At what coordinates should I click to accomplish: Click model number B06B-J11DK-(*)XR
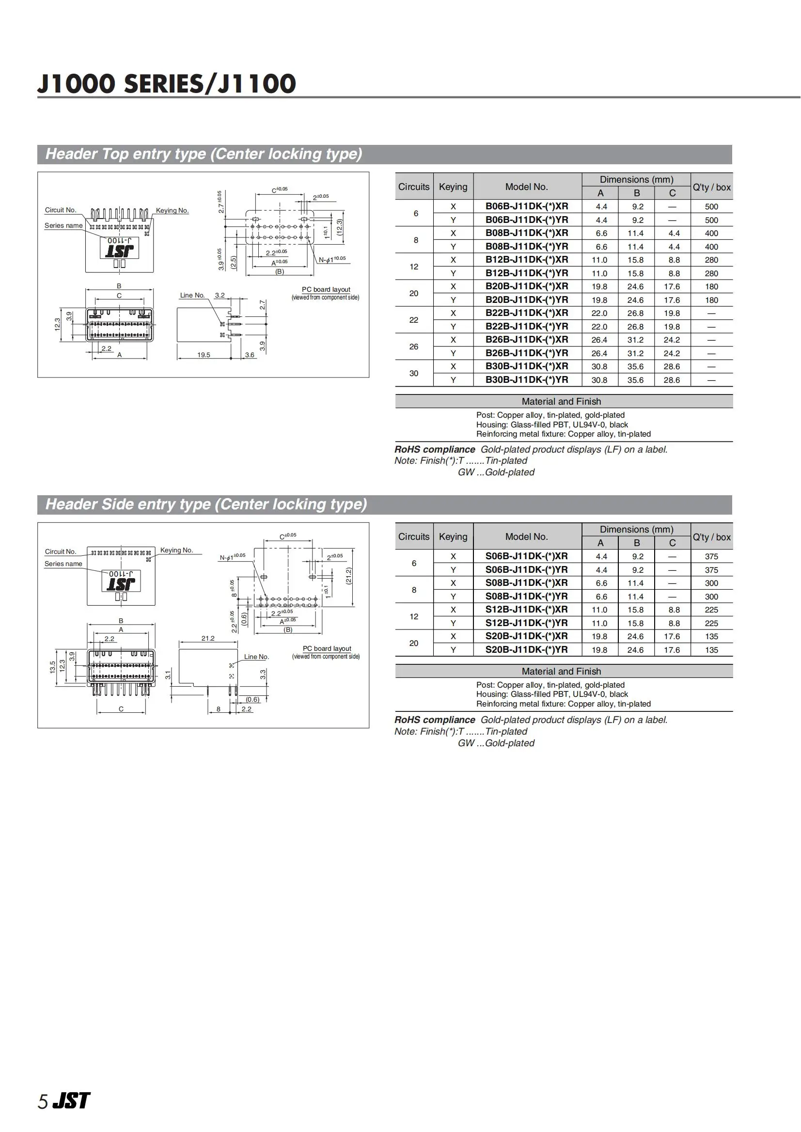[x=526, y=206]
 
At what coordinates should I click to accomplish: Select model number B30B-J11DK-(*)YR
[x=526, y=380]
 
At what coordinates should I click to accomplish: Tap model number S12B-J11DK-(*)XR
[x=526, y=610]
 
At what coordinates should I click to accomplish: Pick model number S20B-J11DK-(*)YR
[x=526, y=650]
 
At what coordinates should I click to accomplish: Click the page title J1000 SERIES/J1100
[x=167, y=84]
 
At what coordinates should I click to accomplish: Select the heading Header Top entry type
[x=204, y=154]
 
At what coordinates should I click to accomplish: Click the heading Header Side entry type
[x=206, y=504]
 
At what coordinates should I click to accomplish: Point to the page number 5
[x=43, y=1102]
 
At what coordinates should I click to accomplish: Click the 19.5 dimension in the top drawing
[x=203, y=355]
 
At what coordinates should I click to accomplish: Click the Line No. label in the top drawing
[x=192, y=296]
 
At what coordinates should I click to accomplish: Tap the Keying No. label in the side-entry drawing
[x=176, y=550]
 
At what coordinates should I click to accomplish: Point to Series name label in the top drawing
[x=63, y=226]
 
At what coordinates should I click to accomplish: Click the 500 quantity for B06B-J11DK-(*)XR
[x=711, y=206]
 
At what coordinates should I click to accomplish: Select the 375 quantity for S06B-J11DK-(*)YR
[x=711, y=570]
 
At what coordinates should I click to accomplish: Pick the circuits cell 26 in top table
[x=413, y=347]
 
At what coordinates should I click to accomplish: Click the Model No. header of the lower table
[x=526, y=536]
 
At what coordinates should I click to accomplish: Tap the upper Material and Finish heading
[x=561, y=402]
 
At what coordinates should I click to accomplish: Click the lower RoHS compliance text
[x=434, y=720]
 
